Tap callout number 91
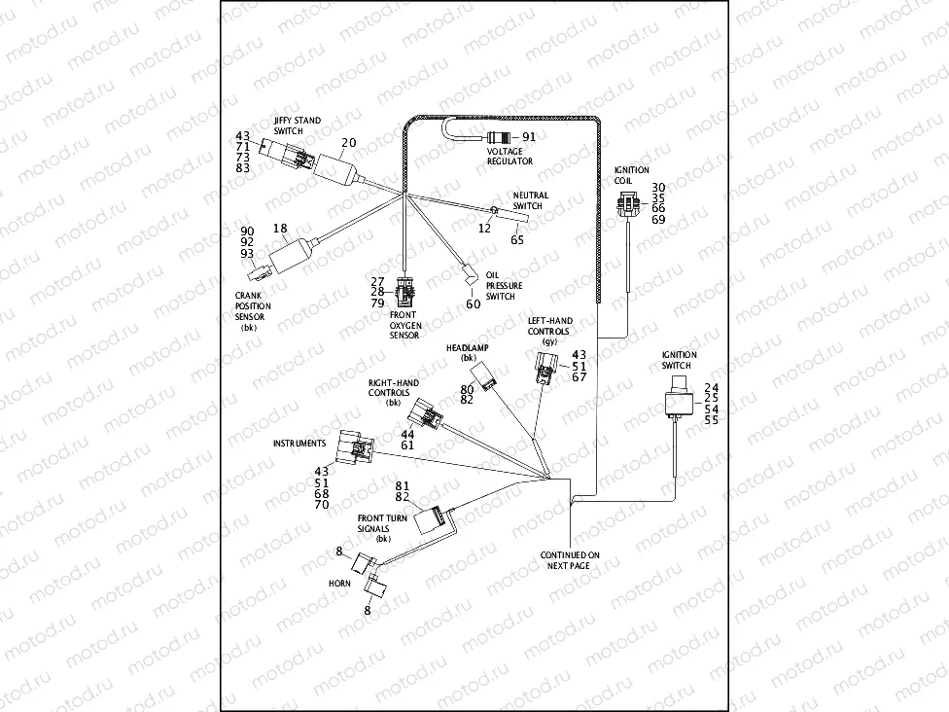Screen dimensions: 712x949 pos(529,137)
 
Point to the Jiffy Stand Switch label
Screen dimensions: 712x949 pos(297,126)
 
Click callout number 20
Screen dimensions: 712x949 pos(348,143)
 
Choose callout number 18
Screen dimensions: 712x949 pos(280,229)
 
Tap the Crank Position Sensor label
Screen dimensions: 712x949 pos(253,306)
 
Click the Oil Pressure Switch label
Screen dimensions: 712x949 pos(504,286)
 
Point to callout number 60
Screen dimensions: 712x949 pos(473,304)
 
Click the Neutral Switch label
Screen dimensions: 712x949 pos(530,200)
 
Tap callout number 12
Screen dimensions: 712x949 pos(483,227)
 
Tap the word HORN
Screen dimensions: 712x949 pos(339,586)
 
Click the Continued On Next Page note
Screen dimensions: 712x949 pos(571,559)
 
